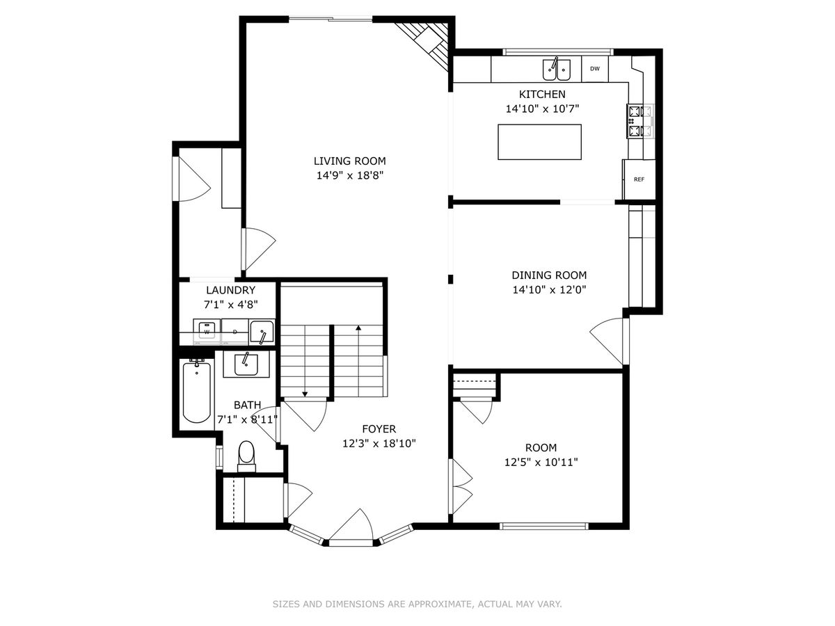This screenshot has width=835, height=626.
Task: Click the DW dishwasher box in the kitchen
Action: (594, 69)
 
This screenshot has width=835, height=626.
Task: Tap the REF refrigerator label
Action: (639, 179)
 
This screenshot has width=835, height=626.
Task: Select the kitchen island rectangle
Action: (539, 142)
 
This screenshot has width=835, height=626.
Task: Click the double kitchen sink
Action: (557, 69)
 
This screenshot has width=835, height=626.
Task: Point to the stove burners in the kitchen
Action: (640, 121)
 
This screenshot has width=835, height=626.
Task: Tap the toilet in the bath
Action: (246, 456)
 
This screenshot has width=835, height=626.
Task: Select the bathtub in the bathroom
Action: (197, 391)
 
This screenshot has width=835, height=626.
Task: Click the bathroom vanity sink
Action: (246, 364)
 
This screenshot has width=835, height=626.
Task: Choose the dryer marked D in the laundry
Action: (234, 332)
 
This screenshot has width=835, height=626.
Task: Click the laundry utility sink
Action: (262, 332)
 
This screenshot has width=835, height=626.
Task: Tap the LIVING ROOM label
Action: (349, 161)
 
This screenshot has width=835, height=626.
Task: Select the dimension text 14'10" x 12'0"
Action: (549, 290)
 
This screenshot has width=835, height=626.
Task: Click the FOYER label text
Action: (379, 428)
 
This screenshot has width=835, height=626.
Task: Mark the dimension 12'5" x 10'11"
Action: (541, 462)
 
